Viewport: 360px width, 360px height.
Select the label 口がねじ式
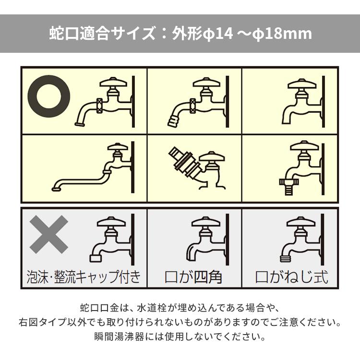pos(291,277)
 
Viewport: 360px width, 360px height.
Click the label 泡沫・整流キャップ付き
pos(84,277)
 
